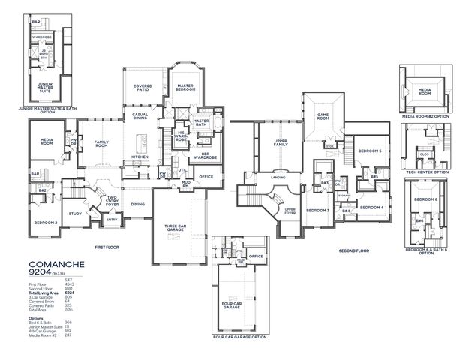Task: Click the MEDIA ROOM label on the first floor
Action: pos(42,142)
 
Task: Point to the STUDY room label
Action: pos(75,213)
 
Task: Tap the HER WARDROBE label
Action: pos(201,156)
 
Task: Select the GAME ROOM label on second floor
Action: pos(323,116)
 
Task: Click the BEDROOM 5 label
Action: pos(368,151)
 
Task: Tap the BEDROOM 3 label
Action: pos(317,211)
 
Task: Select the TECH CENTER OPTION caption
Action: pos(425,172)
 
